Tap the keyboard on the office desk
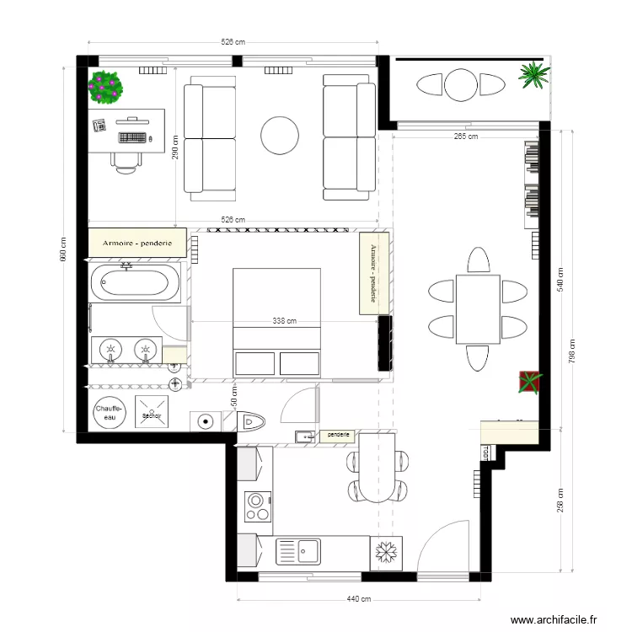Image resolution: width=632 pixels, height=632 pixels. (x=136, y=136)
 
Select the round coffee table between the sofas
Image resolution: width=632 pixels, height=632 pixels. (x=280, y=135)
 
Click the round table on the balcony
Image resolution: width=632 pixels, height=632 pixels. (x=462, y=85)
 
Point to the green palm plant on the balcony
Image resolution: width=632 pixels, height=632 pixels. (x=533, y=75)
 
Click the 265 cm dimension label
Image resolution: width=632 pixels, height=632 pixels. (x=465, y=136)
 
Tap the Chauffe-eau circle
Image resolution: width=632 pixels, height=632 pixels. (x=108, y=412)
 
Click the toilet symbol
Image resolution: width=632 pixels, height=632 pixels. (x=252, y=420)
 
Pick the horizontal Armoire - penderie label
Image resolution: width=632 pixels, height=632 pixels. (x=137, y=243)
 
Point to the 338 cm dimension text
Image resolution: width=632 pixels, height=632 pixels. (x=285, y=320)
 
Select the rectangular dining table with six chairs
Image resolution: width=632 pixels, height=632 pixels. (x=478, y=309)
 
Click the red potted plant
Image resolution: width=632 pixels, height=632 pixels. (x=528, y=382)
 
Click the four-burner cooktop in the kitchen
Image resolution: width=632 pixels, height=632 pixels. (x=256, y=507)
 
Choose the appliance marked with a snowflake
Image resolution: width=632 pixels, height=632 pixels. (x=386, y=553)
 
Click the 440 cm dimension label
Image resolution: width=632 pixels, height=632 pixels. (x=359, y=599)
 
